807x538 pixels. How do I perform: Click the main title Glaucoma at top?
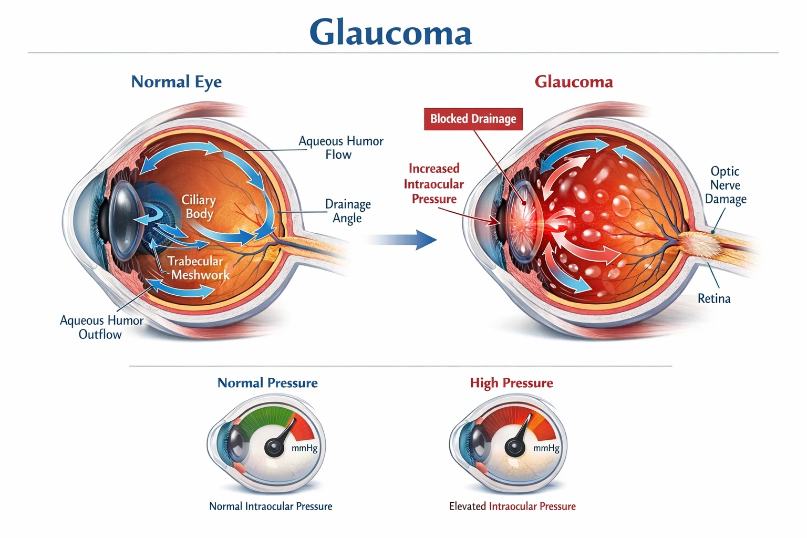tap(390, 32)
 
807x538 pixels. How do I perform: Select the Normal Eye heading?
tap(176, 82)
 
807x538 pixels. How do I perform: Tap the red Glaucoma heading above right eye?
tap(573, 82)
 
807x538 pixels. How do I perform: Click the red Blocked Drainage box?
tap(473, 119)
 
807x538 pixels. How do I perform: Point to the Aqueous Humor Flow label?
tap(340, 148)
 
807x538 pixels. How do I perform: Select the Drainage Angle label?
tap(347, 211)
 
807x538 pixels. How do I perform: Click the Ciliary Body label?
tap(199, 206)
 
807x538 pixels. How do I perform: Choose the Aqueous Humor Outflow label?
tap(101, 327)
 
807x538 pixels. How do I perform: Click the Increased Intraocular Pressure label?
tap(433, 184)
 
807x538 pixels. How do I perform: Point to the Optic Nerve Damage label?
tap(725, 185)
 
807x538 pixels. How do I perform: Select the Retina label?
tap(713, 298)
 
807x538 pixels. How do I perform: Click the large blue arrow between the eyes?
tap(402, 240)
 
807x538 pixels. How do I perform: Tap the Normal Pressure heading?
tap(267, 383)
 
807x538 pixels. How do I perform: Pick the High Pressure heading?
tap(511, 383)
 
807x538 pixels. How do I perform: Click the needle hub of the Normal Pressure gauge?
tap(274, 447)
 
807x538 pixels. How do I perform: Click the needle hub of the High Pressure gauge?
tap(514, 447)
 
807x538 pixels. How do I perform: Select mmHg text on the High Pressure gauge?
tap(546, 448)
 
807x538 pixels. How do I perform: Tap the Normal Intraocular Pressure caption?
tap(271, 506)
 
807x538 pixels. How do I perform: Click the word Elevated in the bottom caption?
tap(467, 506)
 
